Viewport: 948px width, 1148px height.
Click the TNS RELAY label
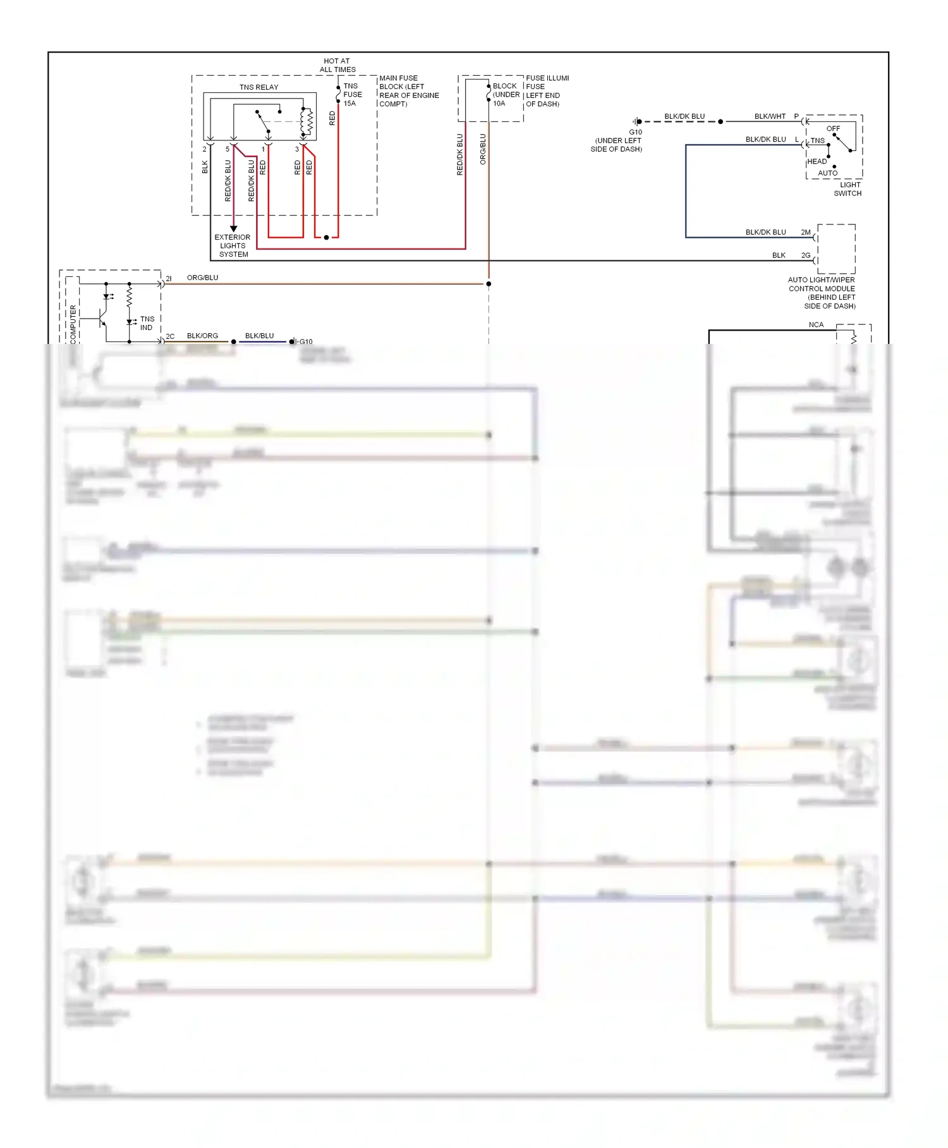pos(258,87)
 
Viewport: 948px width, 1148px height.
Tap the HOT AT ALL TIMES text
pos(337,65)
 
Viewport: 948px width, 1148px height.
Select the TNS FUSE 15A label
pos(352,95)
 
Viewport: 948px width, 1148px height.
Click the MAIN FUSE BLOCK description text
pos(408,91)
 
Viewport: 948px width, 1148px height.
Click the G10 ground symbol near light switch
pos(638,121)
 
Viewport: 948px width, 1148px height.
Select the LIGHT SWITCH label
pos(848,189)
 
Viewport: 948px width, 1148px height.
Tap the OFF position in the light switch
pos(833,128)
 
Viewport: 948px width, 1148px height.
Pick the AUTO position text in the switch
pos(827,173)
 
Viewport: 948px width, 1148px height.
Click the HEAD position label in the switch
pos(817,162)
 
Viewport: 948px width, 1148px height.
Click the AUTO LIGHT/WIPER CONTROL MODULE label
pos(822,293)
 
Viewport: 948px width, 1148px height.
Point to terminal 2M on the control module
pos(806,233)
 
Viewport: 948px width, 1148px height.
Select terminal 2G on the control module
pos(806,255)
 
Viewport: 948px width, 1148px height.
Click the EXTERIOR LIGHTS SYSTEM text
pos(233,246)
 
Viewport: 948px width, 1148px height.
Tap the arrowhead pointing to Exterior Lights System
pos(233,228)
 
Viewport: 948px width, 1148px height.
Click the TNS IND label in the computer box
pos(147,323)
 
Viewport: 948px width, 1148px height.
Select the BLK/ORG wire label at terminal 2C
pos(202,336)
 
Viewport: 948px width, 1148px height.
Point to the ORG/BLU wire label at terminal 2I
pos(202,278)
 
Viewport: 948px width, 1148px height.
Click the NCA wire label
pos(816,325)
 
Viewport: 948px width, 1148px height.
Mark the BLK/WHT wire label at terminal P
pos(770,116)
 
